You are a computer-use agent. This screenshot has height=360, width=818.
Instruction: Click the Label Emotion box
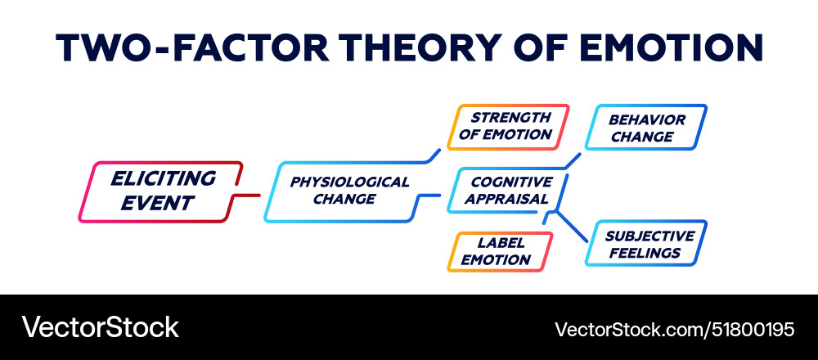click(498, 251)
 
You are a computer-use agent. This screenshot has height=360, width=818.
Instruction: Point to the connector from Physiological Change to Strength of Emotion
click(429, 158)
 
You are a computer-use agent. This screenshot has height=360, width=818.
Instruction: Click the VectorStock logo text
click(100, 327)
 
